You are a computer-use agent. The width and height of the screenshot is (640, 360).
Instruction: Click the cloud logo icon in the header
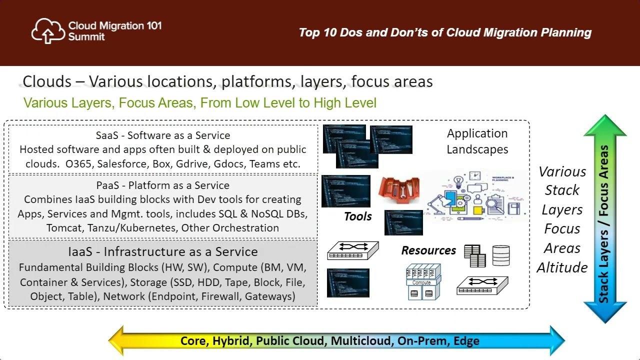pyautogui.click(x=48, y=31)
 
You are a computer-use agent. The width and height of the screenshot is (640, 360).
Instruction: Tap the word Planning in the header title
pyautogui.click(x=566, y=33)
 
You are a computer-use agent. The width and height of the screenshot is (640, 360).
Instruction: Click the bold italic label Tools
pyautogui.click(x=357, y=216)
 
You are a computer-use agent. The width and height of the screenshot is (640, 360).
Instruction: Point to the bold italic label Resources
pyautogui.click(x=428, y=250)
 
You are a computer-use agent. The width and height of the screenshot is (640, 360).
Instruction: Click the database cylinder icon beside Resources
pyautogui.click(x=501, y=255)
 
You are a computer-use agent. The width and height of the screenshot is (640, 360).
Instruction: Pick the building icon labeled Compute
pyautogui.click(x=423, y=282)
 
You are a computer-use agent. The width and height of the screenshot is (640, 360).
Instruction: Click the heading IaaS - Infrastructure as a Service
pyautogui.click(x=163, y=251)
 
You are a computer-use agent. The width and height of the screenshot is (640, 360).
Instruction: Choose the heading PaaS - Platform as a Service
pyautogui.click(x=163, y=185)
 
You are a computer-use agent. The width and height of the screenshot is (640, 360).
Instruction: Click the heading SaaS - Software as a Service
pyautogui.click(x=163, y=135)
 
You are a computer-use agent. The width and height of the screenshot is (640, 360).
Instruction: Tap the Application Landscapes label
pyautogui.click(x=477, y=141)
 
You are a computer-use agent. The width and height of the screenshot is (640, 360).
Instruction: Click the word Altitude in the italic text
pyautogui.click(x=562, y=267)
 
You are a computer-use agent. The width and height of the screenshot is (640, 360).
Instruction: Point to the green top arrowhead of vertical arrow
pyautogui.click(x=605, y=125)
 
